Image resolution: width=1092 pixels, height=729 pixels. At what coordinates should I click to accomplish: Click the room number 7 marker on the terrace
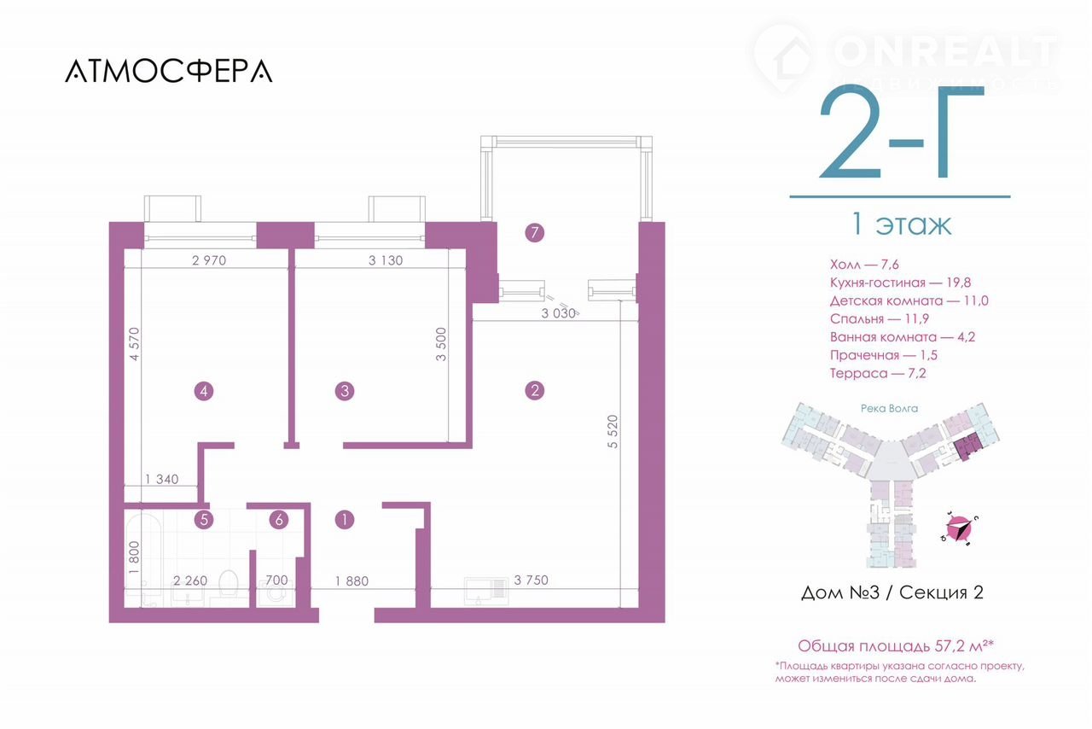[535, 233]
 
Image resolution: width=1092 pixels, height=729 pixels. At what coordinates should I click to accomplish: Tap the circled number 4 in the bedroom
[204, 391]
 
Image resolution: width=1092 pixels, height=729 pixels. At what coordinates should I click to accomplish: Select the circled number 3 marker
[345, 391]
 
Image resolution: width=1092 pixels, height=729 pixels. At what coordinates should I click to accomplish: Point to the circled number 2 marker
[535, 390]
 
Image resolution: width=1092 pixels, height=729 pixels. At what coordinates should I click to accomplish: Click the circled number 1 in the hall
[345, 520]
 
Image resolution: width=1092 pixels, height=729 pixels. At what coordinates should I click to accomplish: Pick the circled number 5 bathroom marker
[204, 520]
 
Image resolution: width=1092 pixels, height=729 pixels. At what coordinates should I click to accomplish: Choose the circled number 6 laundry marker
[279, 520]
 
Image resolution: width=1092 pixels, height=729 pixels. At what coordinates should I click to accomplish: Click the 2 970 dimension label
[209, 260]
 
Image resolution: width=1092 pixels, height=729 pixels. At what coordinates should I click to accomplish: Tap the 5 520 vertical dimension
[613, 431]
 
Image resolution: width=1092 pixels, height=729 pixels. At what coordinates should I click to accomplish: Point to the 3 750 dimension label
[531, 580]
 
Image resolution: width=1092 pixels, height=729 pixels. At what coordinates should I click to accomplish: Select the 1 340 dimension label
[162, 479]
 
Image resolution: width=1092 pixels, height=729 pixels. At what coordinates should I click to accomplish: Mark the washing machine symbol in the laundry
[276, 594]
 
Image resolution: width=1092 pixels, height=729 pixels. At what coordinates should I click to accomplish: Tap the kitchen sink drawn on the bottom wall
[485, 591]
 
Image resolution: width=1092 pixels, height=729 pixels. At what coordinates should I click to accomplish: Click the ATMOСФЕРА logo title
[169, 71]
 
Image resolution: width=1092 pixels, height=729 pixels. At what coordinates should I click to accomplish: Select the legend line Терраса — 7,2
[878, 373]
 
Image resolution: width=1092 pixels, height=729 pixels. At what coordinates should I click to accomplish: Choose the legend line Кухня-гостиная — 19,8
[900, 283]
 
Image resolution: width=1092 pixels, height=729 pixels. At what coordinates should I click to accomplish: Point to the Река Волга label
[889, 408]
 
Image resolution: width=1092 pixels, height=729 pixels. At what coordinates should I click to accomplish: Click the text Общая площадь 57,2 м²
[895, 646]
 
